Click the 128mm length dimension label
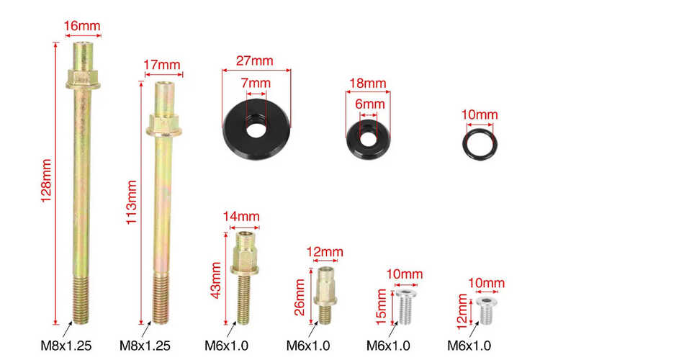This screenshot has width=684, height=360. pyautogui.click(x=46, y=180)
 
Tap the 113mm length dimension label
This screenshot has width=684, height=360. pyautogui.click(x=131, y=202)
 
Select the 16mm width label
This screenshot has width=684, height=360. pyautogui.click(x=82, y=26)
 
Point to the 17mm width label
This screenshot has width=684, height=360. pyautogui.click(x=162, y=65)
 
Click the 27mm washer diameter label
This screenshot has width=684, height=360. pyautogui.click(x=255, y=60)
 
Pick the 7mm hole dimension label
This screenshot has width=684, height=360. pyautogui.click(x=256, y=83)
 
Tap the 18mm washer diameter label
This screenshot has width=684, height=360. pyautogui.click(x=368, y=83)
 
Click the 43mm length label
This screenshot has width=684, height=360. pyautogui.click(x=216, y=280)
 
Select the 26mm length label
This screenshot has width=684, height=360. pyautogui.click(x=300, y=297)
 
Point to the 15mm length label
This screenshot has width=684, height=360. pyautogui.click(x=381, y=307)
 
